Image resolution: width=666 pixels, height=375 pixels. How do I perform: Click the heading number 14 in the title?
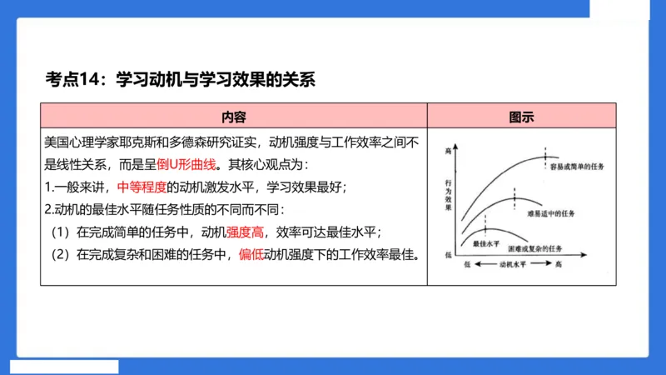pos(89,80)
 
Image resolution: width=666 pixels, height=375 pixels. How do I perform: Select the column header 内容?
pos(233,116)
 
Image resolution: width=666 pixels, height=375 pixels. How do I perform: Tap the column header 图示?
pos(521,116)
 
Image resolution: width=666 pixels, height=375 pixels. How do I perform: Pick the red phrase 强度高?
pos(246,232)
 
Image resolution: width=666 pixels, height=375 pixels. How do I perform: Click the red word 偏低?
pos(250,254)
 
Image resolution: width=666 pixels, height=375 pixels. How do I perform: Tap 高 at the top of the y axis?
pos(450,151)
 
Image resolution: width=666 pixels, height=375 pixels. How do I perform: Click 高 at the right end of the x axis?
pos(559,263)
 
